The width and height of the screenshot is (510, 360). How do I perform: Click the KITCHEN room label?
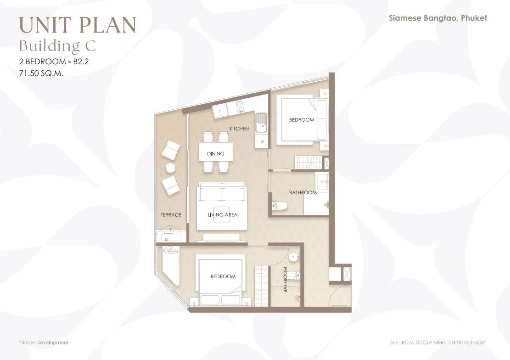tap(239, 129)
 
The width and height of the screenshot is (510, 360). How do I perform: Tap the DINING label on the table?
tap(216, 154)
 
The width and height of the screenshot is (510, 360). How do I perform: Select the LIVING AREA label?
tap(223, 215)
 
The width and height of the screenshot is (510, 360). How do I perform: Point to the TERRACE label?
tap(171, 215)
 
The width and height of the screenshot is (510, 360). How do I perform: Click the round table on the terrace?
tap(170, 168)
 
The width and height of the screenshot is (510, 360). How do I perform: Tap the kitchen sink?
tap(261, 123)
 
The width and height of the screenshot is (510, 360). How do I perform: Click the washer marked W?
tap(262, 141)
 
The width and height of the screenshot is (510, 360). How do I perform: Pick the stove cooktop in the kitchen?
tap(240, 106)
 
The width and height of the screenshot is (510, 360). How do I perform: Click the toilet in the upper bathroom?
tap(280, 206)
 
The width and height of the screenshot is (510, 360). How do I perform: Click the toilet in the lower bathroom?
tap(294, 276)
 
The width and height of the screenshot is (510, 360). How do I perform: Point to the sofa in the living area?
tap(222, 192)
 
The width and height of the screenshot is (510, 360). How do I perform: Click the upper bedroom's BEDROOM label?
tap(302, 120)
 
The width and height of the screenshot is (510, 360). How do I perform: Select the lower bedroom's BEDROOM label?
tap(223, 276)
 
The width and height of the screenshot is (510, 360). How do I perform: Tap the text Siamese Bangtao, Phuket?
tap(438, 18)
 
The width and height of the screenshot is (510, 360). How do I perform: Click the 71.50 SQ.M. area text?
tap(41, 73)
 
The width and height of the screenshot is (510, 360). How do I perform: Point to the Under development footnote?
tap(44, 343)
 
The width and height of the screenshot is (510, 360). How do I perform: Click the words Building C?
tap(57, 46)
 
